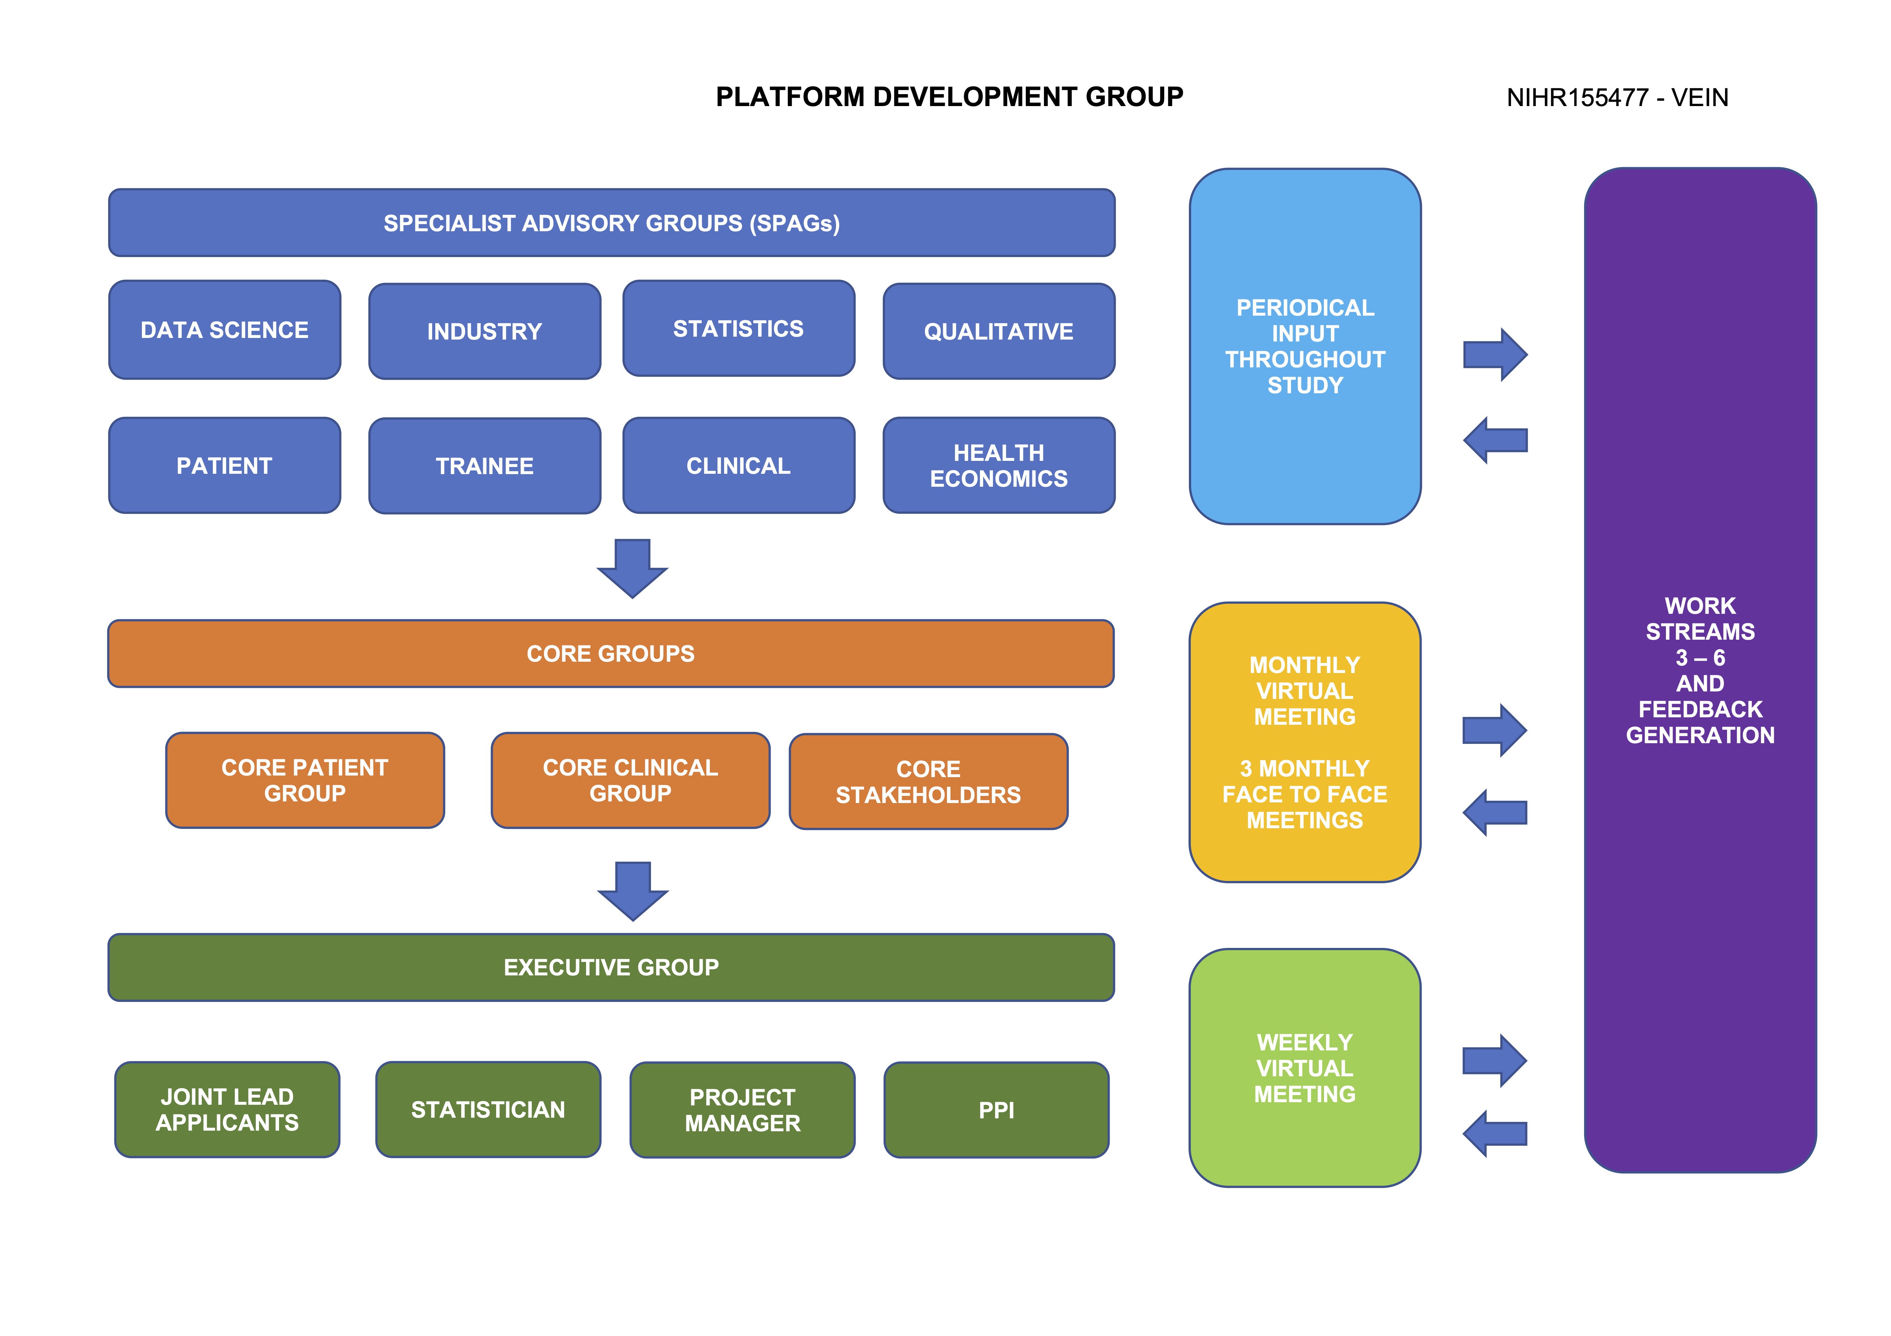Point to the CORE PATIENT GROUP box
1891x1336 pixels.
pyautogui.click(x=305, y=780)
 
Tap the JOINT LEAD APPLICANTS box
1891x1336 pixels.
pyautogui.click(x=227, y=1110)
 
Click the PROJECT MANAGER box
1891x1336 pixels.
pyautogui.click(x=742, y=1110)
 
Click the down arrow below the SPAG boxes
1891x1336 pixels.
pyautogui.click(x=633, y=568)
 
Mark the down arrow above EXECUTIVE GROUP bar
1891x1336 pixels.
pyautogui.click(x=633, y=891)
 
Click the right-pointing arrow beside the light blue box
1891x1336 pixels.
pyautogui.click(x=1495, y=355)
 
